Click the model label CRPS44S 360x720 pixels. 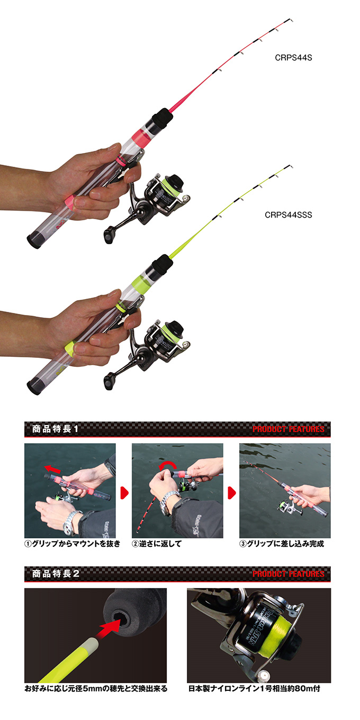[293, 58]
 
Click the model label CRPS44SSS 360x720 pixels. [289, 215]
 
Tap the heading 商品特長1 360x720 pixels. [55, 429]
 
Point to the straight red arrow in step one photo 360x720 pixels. [52, 469]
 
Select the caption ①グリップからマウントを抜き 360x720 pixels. [73, 544]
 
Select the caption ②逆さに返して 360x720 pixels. [157, 544]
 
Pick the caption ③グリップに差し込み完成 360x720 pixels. [282, 544]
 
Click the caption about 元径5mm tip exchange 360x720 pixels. [96, 688]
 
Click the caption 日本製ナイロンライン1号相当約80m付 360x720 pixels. [254, 688]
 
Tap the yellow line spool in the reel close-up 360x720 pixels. [275, 631]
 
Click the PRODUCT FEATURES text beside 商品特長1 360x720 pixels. [289, 429]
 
